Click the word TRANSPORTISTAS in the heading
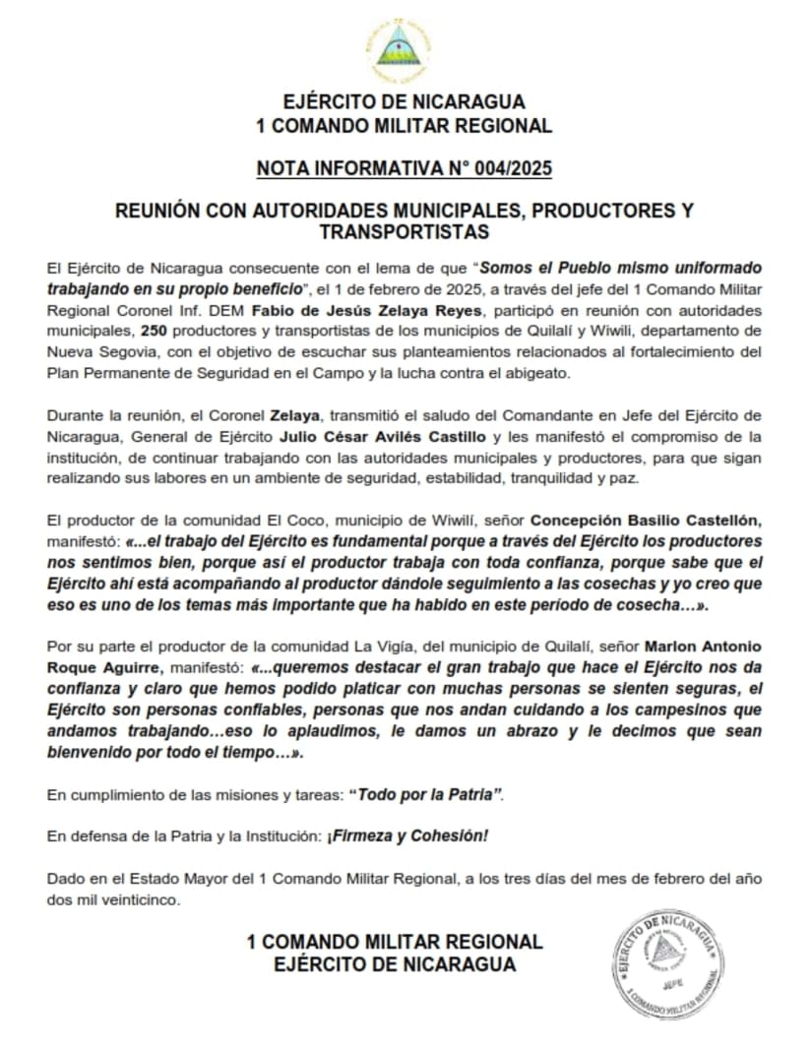tap(405, 232)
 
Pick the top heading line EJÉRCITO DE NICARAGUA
tap(404, 101)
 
